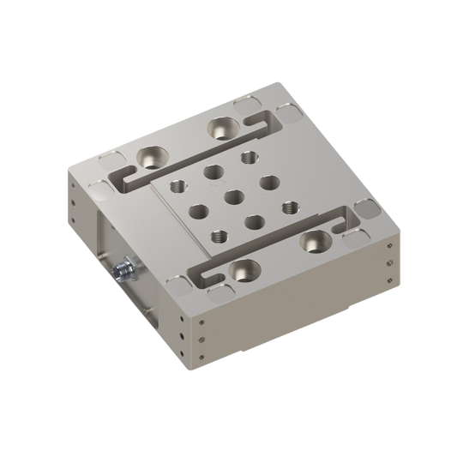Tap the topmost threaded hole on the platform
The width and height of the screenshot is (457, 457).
click(250, 156)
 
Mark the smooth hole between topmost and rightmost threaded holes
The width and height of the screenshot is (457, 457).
click(268, 182)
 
